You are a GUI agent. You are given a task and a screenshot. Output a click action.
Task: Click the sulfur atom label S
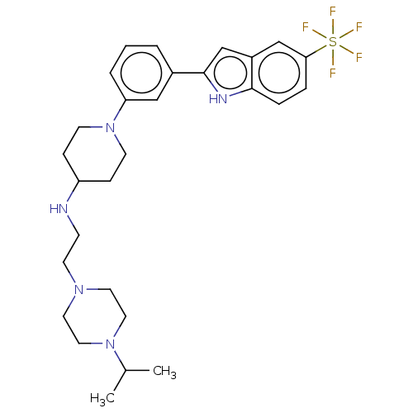(x=333, y=42)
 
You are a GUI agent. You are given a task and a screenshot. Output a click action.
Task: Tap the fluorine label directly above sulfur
(x=333, y=12)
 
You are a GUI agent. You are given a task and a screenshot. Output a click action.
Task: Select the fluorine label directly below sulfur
(x=333, y=73)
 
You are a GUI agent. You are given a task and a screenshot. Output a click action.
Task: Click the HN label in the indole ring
(x=218, y=99)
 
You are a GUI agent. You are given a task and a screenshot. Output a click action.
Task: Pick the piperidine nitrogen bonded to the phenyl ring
(x=110, y=127)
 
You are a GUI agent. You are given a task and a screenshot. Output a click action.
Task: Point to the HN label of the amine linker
(x=59, y=209)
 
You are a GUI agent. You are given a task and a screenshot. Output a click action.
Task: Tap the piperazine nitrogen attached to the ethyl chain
(x=79, y=289)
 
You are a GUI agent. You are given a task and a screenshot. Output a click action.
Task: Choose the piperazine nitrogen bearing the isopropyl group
(x=110, y=344)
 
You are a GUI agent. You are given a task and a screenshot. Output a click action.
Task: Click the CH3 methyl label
(x=164, y=372)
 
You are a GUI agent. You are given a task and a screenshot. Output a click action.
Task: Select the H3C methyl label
(x=102, y=399)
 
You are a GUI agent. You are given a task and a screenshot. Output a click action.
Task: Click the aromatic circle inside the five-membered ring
(x=230, y=73)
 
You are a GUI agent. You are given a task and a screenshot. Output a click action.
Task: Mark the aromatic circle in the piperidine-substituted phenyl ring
(x=141, y=73)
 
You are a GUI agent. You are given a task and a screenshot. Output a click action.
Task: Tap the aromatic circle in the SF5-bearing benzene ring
(x=279, y=73)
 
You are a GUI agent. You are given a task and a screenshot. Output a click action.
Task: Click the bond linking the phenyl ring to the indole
(x=188, y=73)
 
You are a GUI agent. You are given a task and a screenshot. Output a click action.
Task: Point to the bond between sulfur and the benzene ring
(x=316, y=51)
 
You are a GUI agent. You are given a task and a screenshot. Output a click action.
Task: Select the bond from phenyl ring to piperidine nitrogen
(x=120, y=111)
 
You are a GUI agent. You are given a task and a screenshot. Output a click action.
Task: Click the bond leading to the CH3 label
(x=137, y=371)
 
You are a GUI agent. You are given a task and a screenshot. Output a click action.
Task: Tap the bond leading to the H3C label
(x=120, y=381)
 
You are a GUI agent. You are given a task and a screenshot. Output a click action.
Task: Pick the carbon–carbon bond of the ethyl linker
(x=71, y=249)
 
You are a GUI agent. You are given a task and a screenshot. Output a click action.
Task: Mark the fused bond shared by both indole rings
(x=252, y=73)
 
